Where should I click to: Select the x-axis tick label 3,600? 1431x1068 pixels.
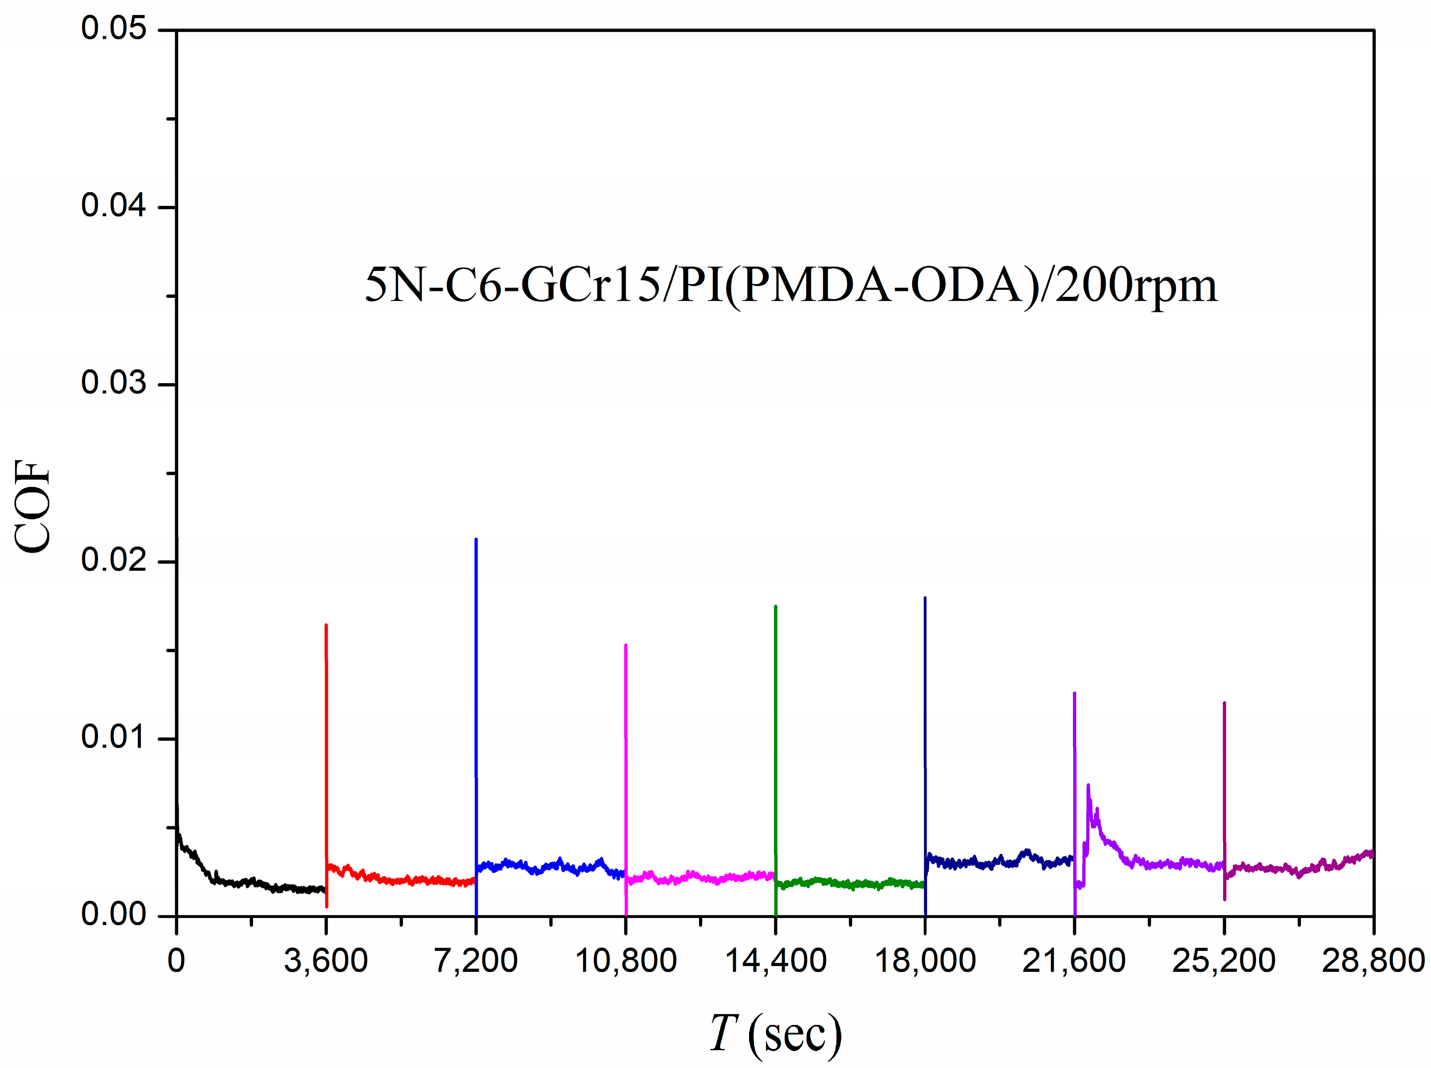pos(326,961)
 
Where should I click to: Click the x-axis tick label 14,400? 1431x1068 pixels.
pos(775,961)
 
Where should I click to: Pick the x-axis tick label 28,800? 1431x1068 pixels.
pos(1373,961)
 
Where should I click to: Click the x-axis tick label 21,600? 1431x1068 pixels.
pos(1074,961)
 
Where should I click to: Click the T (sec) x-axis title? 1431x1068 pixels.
pos(775,1033)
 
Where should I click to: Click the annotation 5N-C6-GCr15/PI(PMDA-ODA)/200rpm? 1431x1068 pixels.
pos(790,285)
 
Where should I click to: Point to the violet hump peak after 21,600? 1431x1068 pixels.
pos(1089,786)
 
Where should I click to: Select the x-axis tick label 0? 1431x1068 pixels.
pos(176,961)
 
